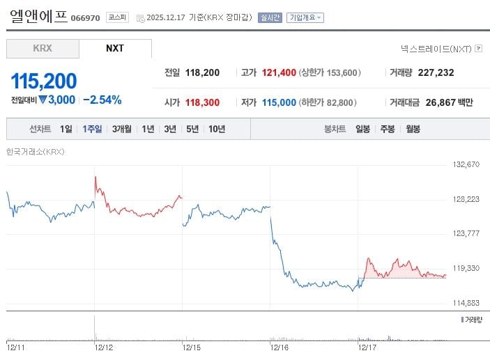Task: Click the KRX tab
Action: (x=43, y=49)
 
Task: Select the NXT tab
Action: (x=115, y=49)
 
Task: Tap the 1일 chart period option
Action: (x=66, y=129)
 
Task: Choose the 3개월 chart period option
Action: (x=121, y=129)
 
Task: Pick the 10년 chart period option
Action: (x=216, y=129)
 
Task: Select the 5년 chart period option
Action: (x=192, y=129)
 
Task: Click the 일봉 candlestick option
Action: (x=362, y=129)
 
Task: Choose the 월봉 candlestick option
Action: (x=413, y=129)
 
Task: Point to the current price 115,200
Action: (x=43, y=81)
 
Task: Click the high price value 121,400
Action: (x=279, y=72)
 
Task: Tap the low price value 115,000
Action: (x=279, y=102)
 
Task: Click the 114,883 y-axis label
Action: (x=467, y=303)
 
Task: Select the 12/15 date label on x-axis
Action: (x=191, y=346)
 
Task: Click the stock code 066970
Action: (x=86, y=18)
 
